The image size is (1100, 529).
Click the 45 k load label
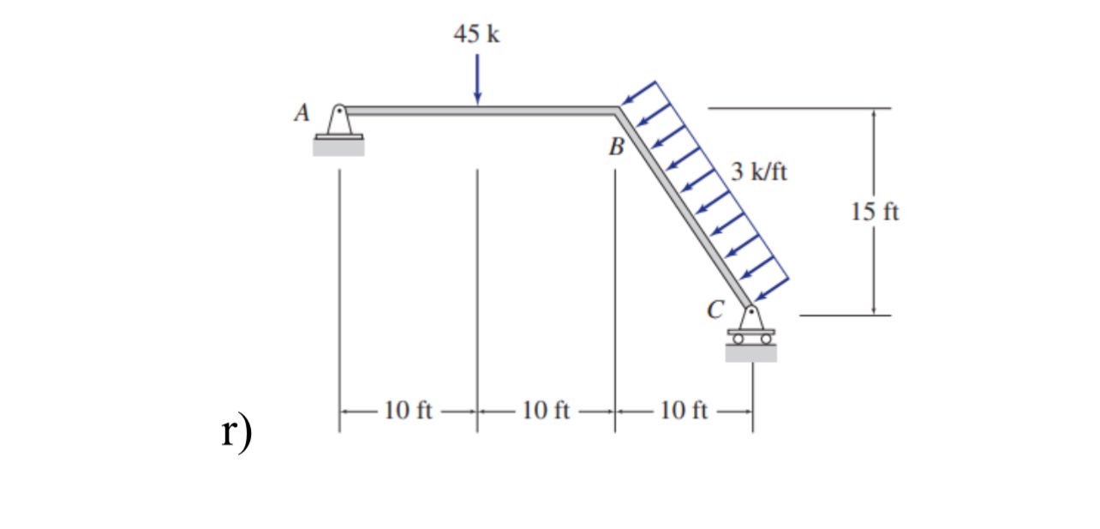476,34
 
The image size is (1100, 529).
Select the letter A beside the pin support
300,113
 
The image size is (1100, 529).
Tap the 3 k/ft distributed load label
760,172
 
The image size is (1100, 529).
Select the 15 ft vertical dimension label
876,211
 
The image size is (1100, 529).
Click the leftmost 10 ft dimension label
408,411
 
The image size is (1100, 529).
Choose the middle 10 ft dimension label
546,411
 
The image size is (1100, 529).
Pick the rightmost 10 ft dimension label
684,411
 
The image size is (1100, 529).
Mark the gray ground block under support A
338,147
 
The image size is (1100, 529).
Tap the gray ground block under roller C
751,352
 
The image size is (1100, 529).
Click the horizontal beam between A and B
480,110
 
